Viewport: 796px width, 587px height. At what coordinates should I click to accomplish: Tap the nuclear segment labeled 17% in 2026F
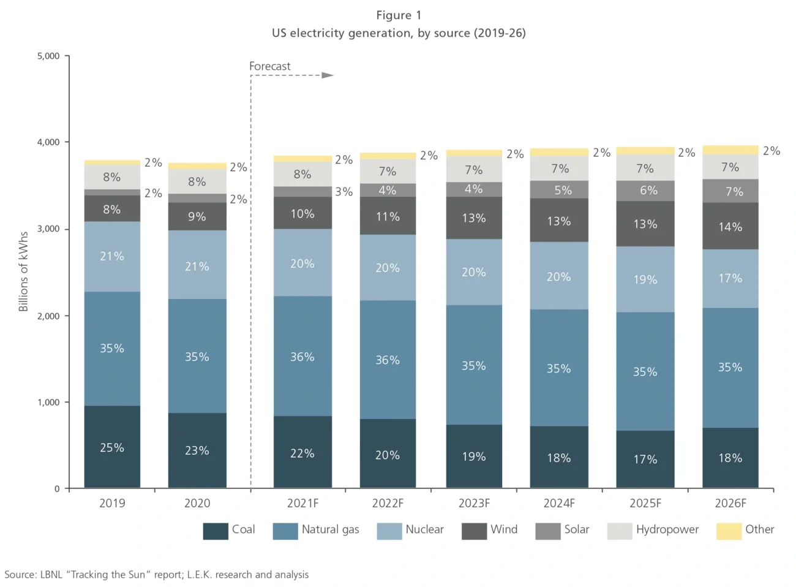coord(730,278)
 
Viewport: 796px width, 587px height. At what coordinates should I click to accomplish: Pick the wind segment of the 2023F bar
coord(473,218)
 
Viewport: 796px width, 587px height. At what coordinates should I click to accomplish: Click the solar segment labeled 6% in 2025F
coord(645,191)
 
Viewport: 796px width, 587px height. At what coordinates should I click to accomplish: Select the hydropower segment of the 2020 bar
coord(197,181)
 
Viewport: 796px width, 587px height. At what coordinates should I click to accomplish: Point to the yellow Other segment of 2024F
coord(559,152)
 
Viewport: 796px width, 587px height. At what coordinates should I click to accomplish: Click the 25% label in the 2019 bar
coord(112,448)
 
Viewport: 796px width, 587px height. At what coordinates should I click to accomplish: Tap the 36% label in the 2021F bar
coord(302,357)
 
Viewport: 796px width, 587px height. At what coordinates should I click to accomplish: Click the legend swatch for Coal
coord(216,531)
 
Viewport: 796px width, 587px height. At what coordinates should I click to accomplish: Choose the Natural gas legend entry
coord(330,529)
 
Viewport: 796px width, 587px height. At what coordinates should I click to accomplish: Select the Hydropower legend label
coord(667,529)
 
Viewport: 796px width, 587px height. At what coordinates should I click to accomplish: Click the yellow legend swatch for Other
coord(729,531)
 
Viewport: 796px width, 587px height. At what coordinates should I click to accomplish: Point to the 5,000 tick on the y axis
coord(48,56)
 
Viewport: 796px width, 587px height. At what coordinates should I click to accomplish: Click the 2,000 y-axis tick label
coord(48,316)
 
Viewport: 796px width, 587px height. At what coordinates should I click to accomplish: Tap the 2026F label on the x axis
coord(730,503)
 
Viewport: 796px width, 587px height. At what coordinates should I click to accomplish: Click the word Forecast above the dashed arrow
coord(269,66)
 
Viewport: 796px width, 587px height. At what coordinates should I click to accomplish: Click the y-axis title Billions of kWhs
coord(24,271)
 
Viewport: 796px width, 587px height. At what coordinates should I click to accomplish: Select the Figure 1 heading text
coord(399,15)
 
